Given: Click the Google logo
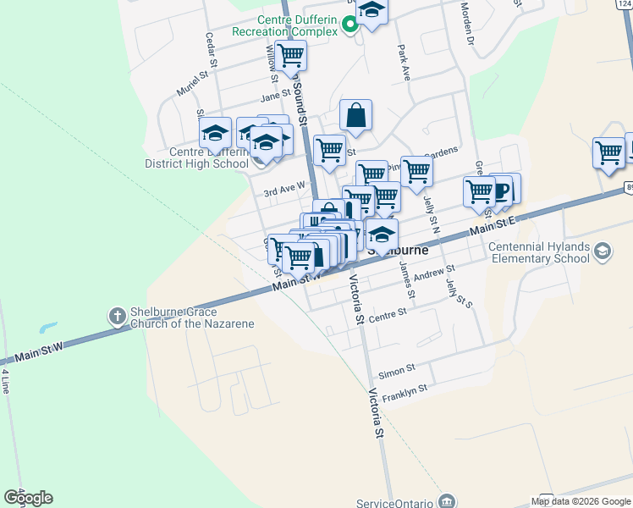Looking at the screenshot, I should (x=28, y=498).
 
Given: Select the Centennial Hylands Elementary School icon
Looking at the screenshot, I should (x=603, y=251).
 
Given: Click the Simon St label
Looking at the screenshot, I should (x=396, y=370).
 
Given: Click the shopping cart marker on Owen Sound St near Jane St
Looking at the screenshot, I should (x=290, y=56).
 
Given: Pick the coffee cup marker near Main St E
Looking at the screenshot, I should (x=501, y=190).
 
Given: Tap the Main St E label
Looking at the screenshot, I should (x=493, y=225).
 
